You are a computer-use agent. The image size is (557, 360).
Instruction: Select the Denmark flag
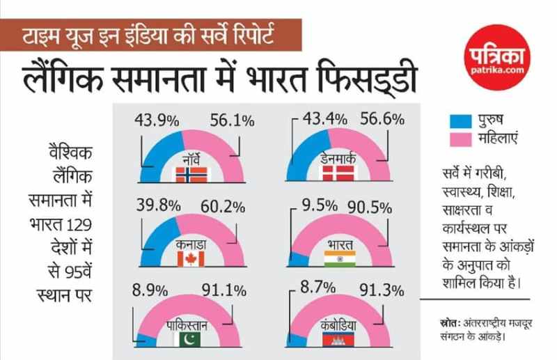[x=339, y=175]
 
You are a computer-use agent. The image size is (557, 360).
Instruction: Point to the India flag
[x=339, y=259]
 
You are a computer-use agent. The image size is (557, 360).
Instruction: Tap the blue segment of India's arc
[x=297, y=258]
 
